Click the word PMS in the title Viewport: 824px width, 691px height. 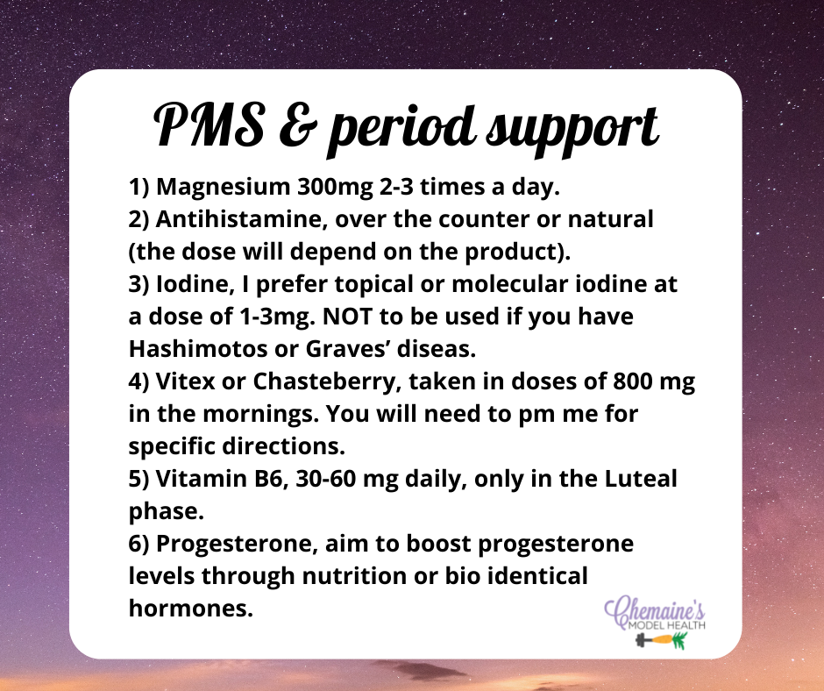coord(209,125)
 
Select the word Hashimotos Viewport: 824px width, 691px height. coord(198,349)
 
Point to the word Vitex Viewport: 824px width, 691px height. coord(186,381)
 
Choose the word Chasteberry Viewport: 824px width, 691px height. coord(323,382)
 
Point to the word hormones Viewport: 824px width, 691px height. coord(191,609)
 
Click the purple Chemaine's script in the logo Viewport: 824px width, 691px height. coord(655,609)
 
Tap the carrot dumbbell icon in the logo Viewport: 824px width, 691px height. coord(662,640)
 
